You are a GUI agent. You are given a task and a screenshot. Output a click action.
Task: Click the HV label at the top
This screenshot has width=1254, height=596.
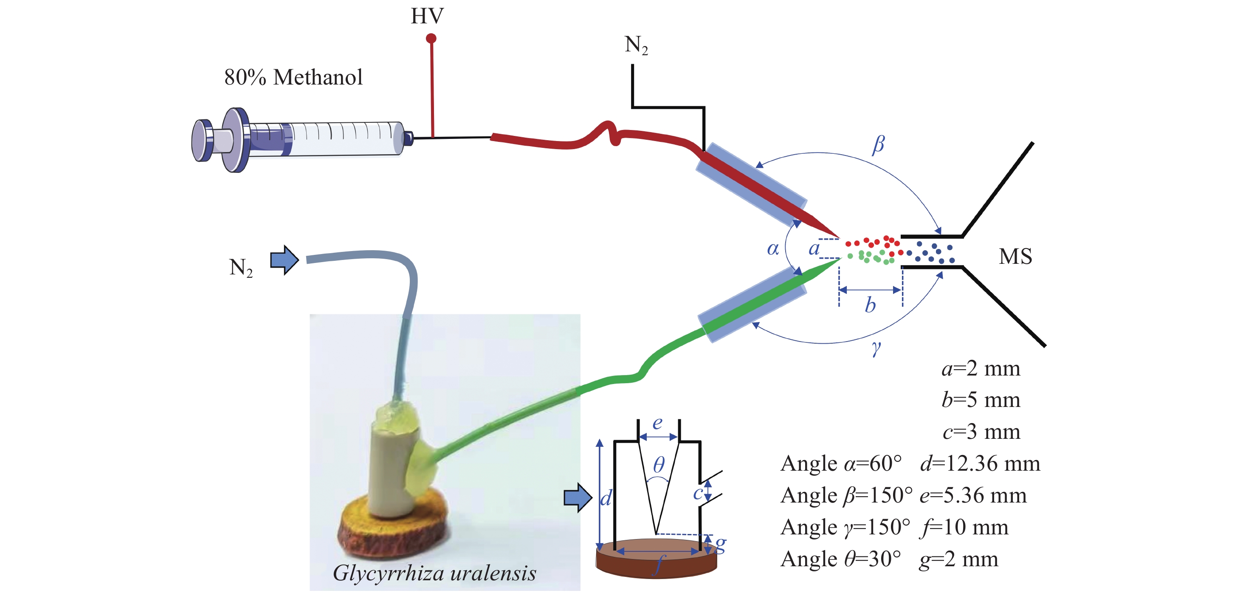click(427, 16)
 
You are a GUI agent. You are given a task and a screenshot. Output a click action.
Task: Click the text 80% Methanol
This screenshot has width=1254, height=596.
click(293, 77)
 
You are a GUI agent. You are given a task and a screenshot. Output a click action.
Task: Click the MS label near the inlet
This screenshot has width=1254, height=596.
click(1015, 257)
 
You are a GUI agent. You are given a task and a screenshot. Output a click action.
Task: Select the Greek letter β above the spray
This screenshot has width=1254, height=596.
click(878, 144)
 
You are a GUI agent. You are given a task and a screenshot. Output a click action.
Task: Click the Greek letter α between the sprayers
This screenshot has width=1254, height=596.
click(772, 249)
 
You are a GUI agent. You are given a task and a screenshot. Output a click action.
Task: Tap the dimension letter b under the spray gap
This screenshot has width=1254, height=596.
click(870, 306)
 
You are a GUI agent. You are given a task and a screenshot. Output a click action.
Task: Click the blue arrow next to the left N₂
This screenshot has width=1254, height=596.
click(284, 260)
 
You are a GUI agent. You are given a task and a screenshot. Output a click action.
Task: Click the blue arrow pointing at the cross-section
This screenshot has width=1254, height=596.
click(578, 497)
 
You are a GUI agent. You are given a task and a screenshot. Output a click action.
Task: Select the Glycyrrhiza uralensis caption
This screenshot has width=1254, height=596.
click(434, 573)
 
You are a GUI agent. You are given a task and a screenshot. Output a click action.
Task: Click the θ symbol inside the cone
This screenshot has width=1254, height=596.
click(658, 465)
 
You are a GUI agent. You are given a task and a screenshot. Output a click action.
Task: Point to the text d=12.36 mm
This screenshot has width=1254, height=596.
click(980, 463)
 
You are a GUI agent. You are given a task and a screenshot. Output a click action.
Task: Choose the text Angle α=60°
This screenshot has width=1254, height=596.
click(841, 463)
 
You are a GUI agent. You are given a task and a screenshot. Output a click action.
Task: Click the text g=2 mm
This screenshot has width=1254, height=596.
click(958, 559)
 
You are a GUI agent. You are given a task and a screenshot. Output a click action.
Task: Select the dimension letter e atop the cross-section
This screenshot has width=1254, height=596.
click(657, 423)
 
